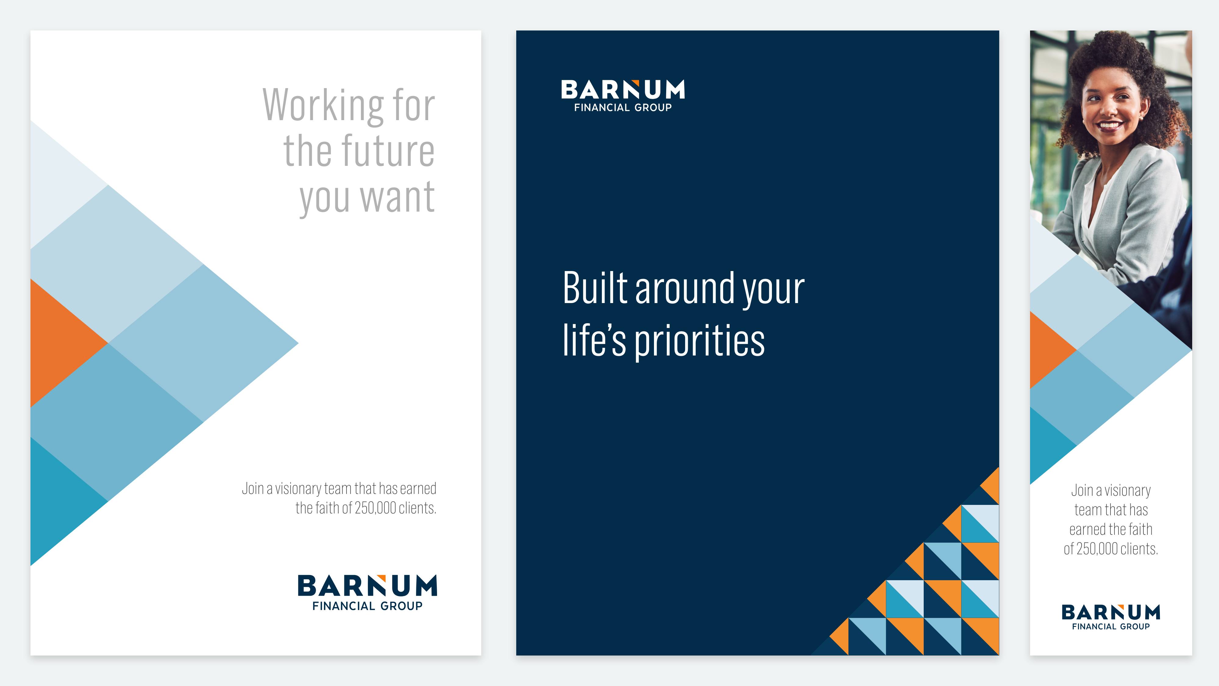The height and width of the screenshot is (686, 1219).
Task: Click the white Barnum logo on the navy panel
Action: tap(623, 96)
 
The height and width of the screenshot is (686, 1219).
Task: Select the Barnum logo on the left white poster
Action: tap(367, 593)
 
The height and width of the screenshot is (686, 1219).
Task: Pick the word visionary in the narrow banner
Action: tap(1128, 491)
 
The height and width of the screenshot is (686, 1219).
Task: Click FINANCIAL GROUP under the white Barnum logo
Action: tap(623, 107)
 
